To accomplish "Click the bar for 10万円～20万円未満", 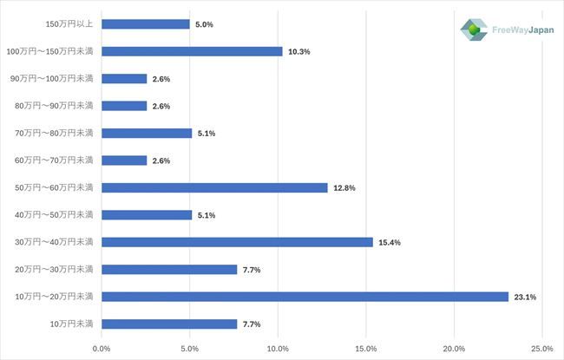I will [x=305, y=297].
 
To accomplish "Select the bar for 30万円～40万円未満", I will [x=237, y=242].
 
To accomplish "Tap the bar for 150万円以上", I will [x=145, y=24].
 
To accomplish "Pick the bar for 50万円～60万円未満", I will [x=214, y=187].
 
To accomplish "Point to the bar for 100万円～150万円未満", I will [x=192, y=51].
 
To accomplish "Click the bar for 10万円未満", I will [x=169, y=324].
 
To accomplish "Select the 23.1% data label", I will [x=525, y=298].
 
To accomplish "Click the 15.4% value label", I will [x=390, y=243].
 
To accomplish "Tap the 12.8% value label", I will [x=344, y=188].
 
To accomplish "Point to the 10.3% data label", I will [x=299, y=52].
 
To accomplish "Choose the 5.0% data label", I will [x=205, y=25].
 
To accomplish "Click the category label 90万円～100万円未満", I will [x=52, y=79].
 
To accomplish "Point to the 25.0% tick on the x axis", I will [x=542, y=349].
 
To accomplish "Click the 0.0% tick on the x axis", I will [x=102, y=349].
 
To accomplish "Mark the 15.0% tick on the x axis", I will [x=366, y=349].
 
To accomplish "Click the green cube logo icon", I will [x=475, y=30].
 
